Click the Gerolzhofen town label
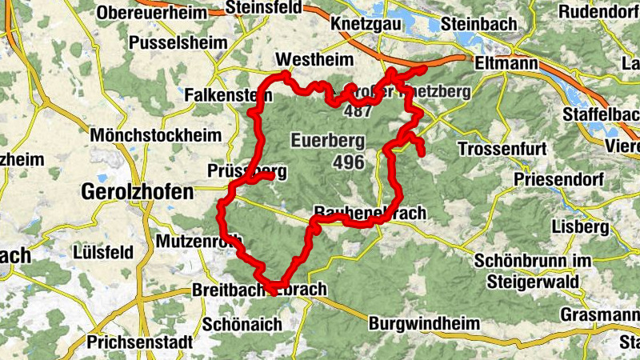(138, 192)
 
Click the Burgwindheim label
(425, 324)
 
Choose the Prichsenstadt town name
(142, 342)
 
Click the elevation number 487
(357, 110)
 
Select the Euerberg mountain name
(328, 141)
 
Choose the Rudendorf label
(599, 12)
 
